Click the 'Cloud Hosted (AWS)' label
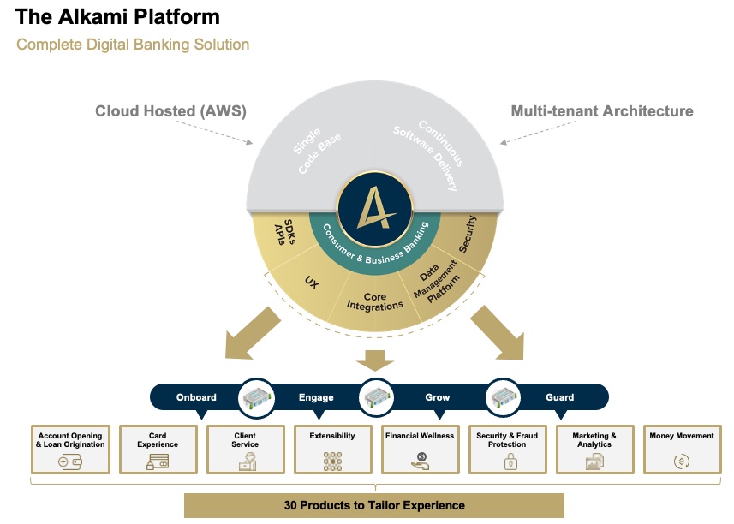(170, 111)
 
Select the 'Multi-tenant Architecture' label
(602, 111)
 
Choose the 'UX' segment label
(312, 281)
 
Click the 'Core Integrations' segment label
(376, 301)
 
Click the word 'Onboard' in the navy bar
(196, 397)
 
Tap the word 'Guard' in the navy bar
(560, 397)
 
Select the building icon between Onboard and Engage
(256, 397)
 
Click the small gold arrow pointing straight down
(375, 359)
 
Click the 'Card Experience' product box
(158, 450)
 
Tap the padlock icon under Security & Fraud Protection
(508, 462)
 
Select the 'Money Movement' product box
(682, 450)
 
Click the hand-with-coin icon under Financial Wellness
(420, 462)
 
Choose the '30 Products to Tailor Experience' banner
(374, 505)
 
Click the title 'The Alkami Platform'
(117, 17)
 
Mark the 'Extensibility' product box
(332, 450)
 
